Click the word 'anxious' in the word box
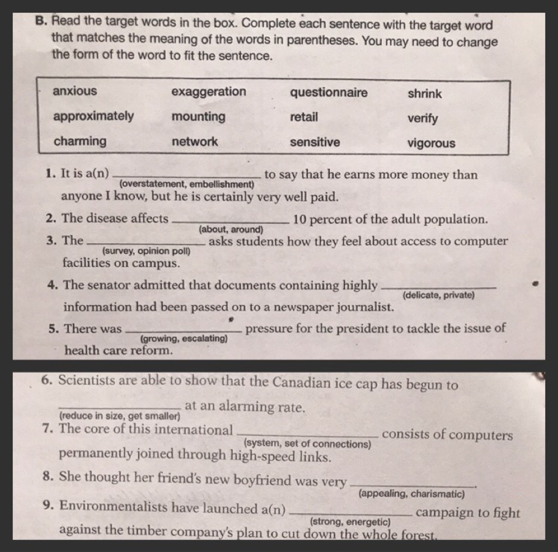coord(75,91)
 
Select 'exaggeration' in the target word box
coord(208,92)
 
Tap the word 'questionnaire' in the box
coord(328,92)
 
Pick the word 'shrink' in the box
coord(424,94)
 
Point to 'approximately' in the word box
coord(93,116)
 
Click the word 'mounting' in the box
coord(198,116)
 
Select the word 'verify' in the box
coord(423,119)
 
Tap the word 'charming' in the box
coord(79,141)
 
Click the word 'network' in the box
coord(195,141)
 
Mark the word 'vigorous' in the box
coord(430,143)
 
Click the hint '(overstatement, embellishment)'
coord(186,184)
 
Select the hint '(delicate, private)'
coord(438,295)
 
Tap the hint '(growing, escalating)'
coord(184,339)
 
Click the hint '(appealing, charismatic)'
coord(412,494)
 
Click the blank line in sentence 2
coord(231,222)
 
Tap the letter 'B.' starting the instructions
coord(42,22)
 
